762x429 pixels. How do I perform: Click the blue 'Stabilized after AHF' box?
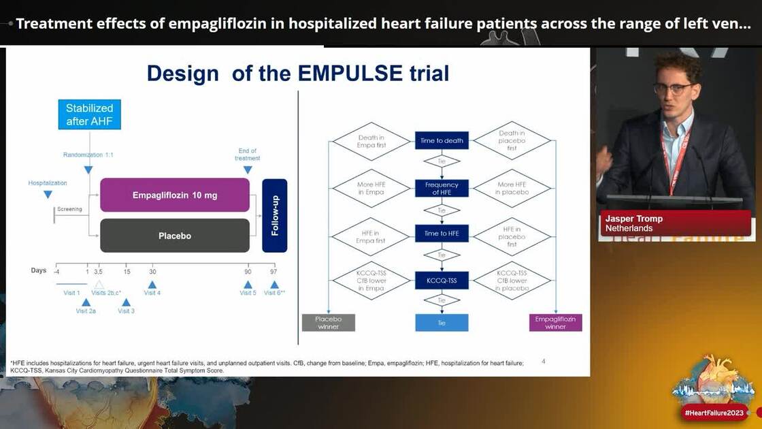pos(89,114)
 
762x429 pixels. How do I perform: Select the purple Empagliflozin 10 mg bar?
pos(175,195)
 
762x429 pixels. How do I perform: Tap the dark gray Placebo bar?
pos(175,236)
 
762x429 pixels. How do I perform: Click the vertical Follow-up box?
pos(275,216)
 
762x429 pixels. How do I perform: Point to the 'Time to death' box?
pos(442,141)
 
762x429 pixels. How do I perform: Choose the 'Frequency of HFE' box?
pos(442,189)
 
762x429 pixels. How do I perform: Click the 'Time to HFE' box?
pos(442,234)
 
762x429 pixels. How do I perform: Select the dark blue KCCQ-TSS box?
pos(442,280)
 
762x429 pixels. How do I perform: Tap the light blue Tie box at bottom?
pos(442,322)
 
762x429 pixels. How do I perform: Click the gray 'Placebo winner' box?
pos(329,322)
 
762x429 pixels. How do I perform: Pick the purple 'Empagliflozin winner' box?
pos(555,322)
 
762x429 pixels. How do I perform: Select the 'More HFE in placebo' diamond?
pos(511,189)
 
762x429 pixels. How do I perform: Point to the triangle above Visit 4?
pos(152,285)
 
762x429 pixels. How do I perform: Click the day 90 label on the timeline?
pos(248,271)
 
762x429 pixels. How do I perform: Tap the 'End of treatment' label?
pos(248,155)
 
